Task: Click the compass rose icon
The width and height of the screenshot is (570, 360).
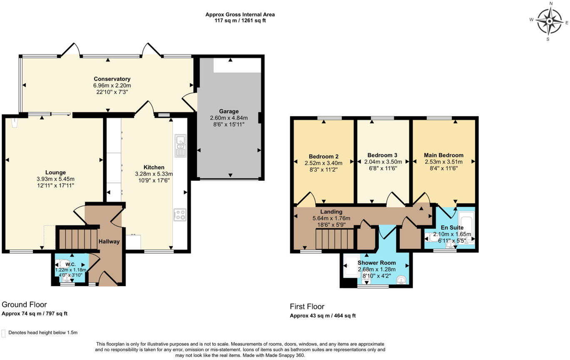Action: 549,21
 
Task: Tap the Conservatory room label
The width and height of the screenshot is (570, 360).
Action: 112,79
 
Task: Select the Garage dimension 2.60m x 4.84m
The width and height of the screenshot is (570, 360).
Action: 229,118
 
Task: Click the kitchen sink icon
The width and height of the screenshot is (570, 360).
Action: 180,145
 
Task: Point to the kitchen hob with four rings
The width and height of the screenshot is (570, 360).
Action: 180,215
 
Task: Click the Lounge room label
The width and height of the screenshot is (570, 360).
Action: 55,172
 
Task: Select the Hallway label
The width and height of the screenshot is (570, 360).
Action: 109,242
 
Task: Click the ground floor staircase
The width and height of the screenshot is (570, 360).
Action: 78,238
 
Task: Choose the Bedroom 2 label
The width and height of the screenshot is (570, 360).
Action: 324,157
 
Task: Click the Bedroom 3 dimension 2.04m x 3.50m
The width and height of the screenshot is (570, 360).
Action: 383,162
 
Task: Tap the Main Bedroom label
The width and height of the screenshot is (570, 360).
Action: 443,155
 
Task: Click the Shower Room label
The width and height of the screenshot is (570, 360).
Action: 376,263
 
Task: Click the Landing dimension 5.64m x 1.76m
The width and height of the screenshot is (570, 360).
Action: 331,218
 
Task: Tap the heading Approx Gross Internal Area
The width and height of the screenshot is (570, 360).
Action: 240,15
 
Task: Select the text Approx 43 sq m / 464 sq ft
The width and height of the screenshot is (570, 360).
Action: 323,316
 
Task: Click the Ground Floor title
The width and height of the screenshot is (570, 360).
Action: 24,305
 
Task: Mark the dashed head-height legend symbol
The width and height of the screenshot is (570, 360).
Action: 4,333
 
